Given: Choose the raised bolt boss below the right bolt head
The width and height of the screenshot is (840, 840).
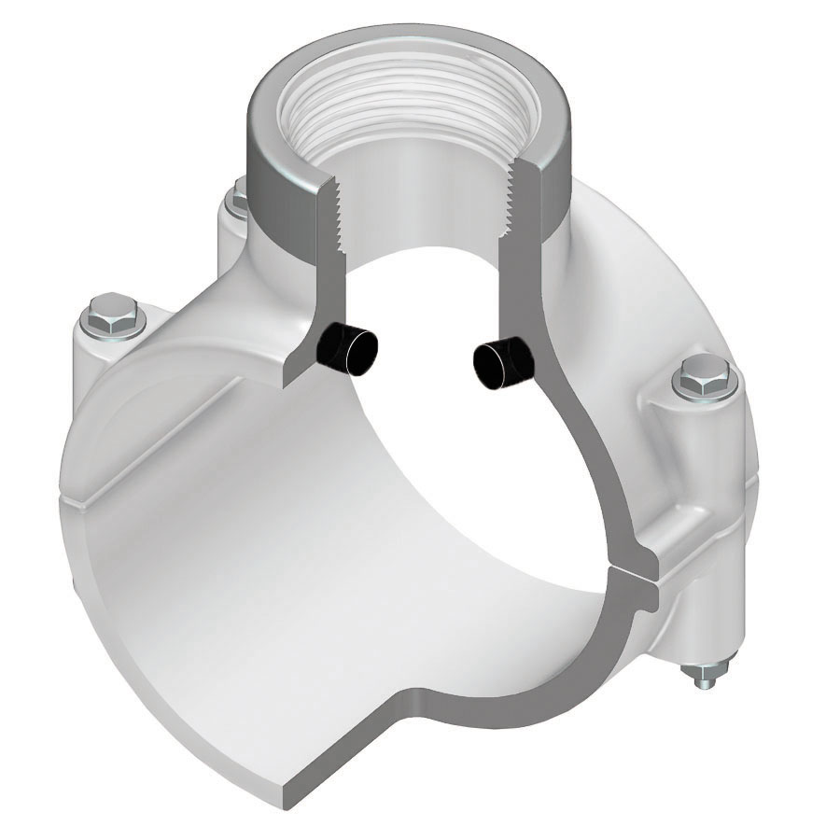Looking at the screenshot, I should (x=686, y=448).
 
